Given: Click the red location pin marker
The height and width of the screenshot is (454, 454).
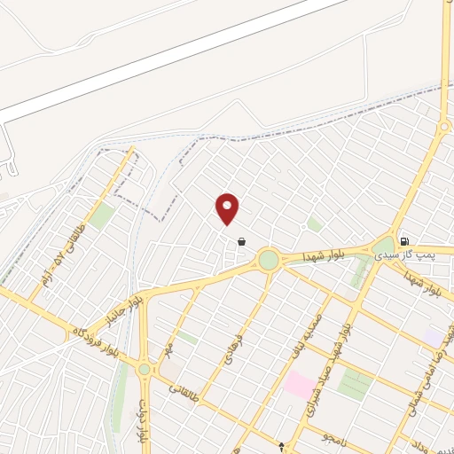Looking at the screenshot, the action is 228,208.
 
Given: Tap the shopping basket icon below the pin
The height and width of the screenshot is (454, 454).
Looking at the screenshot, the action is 241,240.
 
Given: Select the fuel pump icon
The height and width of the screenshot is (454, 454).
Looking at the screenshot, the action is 404,239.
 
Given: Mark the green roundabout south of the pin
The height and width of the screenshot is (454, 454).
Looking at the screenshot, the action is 268,260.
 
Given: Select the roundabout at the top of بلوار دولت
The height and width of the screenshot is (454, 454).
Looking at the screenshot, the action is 145,369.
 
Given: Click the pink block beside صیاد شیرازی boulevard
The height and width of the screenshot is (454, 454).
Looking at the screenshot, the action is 298,385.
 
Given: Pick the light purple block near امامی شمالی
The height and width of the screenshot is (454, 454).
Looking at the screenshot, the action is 432,337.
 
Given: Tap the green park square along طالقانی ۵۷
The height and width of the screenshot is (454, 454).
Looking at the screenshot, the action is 101,215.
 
